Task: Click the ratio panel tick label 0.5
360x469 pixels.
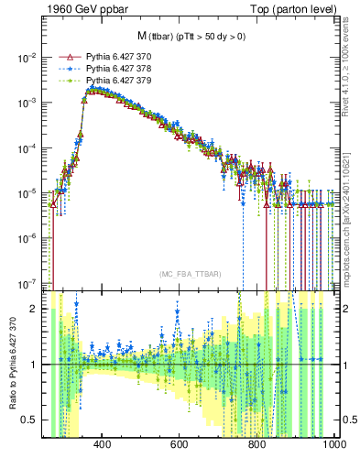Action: [x=30, y=420]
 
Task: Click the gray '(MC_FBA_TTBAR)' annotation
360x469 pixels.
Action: [x=190, y=275]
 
